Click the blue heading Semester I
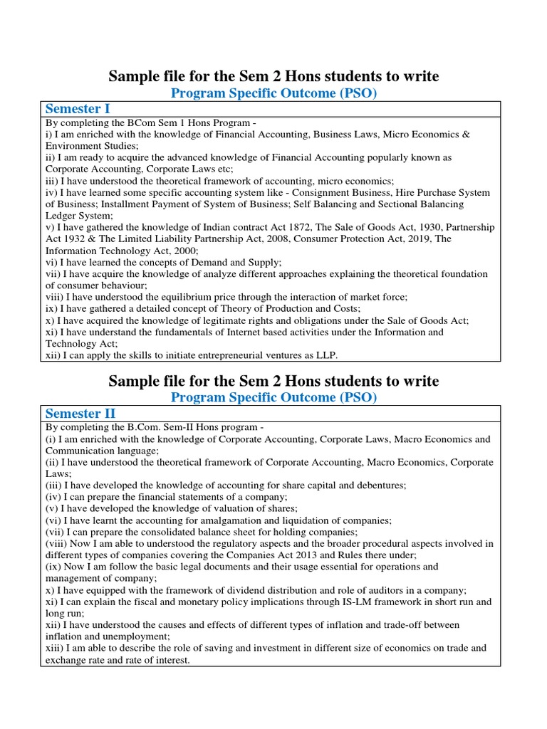(78, 109)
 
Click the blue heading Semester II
(80, 414)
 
